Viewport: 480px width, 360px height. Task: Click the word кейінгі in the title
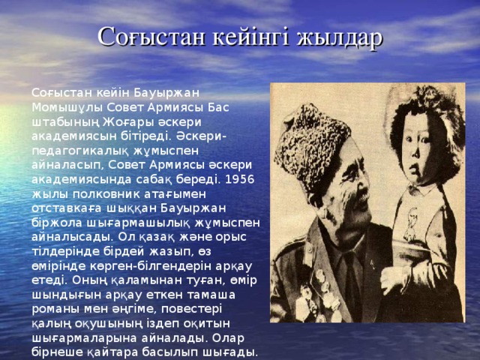[250, 37]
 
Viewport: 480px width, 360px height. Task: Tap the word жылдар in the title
[340, 37]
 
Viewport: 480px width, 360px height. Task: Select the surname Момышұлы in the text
[67, 108]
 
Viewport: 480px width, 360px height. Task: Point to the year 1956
[239, 179]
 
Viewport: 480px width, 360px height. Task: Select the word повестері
[191, 310]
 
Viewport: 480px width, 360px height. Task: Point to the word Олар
[228, 338]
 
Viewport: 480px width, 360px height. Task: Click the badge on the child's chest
[410, 222]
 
